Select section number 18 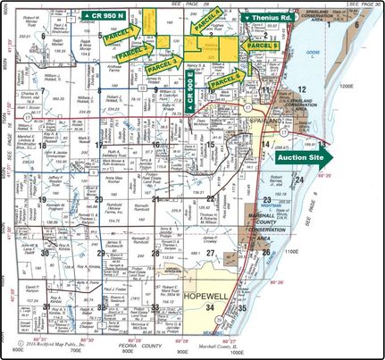[x=97, y=143]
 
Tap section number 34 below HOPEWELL [x=210, y=307]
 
